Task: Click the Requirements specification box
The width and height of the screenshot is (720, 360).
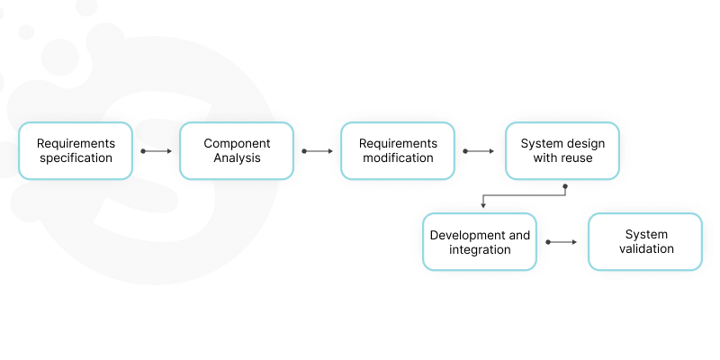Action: [x=76, y=151]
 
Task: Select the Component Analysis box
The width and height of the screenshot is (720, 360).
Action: [x=237, y=151]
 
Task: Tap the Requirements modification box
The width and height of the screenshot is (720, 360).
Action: [x=398, y=151]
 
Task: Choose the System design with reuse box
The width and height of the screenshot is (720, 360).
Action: [x=562, y=151]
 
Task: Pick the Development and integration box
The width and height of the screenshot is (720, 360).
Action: [x=480, y=242]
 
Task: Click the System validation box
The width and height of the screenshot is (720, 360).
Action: [x=645, y=242]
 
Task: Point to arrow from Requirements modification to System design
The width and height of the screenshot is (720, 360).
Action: [x=479, y=151]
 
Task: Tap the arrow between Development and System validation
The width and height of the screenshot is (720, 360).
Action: [x=562, y=242]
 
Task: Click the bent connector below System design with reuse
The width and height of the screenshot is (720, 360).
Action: [x=525, y=194]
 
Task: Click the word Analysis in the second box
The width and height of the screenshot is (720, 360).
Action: [x=237, y=158]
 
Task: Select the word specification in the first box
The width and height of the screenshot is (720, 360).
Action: [x=76, y=158]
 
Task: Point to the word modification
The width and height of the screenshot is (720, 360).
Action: [x=398, y=158]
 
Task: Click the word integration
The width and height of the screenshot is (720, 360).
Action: [x=480, y=249]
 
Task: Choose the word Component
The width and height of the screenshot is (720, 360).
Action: [x=237, y=144]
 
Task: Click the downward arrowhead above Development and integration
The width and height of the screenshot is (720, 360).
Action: [x=483, y=206]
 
